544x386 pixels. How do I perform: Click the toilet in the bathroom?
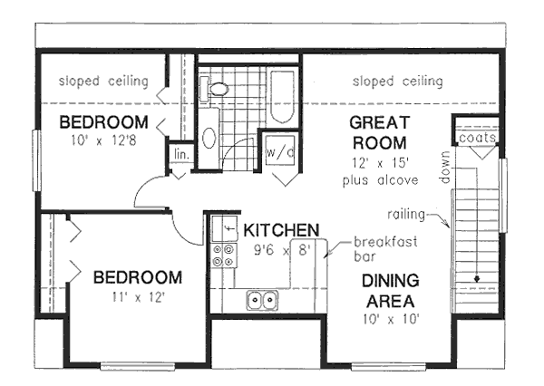tap(218, 88)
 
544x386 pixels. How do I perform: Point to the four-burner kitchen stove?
tap(219, 256)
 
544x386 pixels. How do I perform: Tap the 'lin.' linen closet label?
tap(180, 155)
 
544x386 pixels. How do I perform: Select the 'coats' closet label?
tap(477, 138)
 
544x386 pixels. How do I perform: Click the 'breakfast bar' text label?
tap(372, 249)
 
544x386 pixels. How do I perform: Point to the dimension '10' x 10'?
tap(391, 319)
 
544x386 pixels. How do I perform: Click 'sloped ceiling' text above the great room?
tap(399, 82)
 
